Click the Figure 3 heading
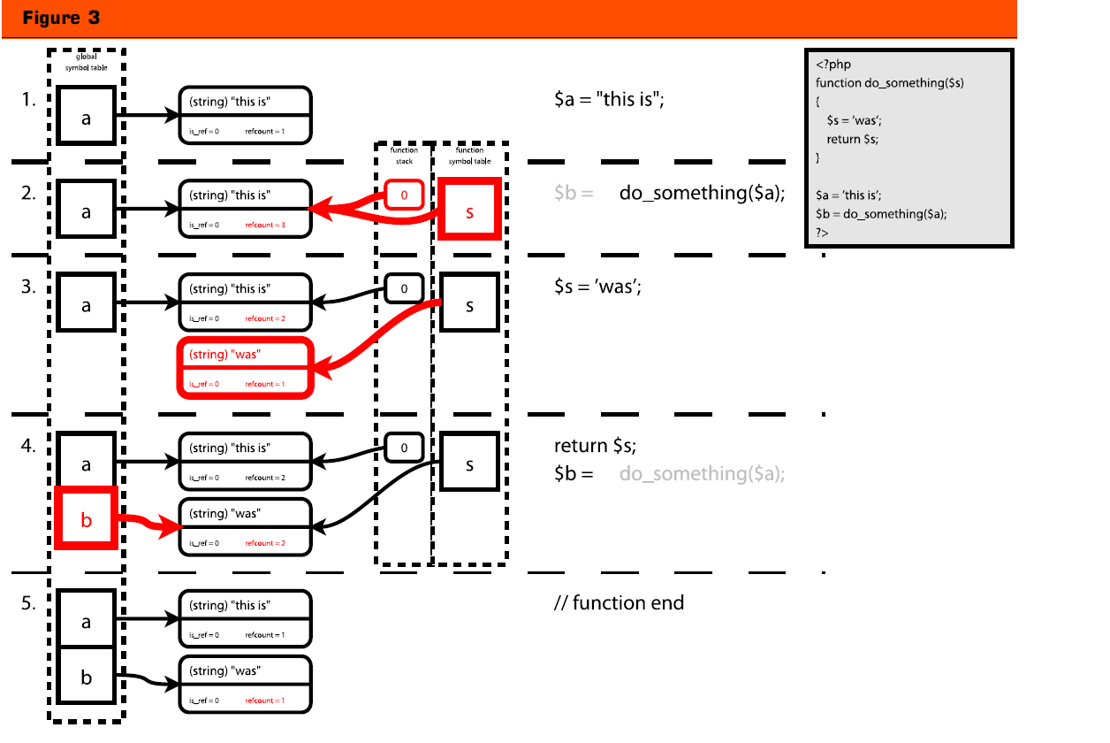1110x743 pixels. coord(61,18)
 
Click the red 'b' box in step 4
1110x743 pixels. coord(87,519)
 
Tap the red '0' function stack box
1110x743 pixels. coord(404,195)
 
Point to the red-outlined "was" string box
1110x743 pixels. coord(246,367)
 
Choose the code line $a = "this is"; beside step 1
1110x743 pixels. coord(609,100)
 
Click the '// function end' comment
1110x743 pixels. coord(619,603)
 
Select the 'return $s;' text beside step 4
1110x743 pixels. coord(595,446)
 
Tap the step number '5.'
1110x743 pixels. coord(28,603)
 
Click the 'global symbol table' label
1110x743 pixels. coord(86,62)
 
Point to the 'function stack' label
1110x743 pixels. coord(404,156)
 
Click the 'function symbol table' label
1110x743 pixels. coord(469,156)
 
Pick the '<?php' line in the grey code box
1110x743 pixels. coord(833,65)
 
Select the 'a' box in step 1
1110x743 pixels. coord(86,116)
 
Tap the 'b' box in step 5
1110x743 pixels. coord(86,678)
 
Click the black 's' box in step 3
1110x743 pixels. coord(469,305)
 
